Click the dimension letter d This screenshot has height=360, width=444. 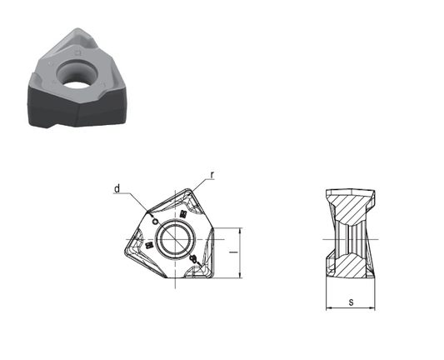[x=117, y=188]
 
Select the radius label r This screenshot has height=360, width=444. [x=212, y=175]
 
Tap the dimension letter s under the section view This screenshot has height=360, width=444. [x=352, y=302]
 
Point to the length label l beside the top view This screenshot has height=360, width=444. [x=234, y=252]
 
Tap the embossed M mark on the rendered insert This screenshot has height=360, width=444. [x=77, y=52]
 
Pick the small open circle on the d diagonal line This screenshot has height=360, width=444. [x=155, y=222]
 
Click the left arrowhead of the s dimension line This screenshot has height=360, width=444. [x=328, y=307]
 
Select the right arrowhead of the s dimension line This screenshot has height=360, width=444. [x=372, y=307]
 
